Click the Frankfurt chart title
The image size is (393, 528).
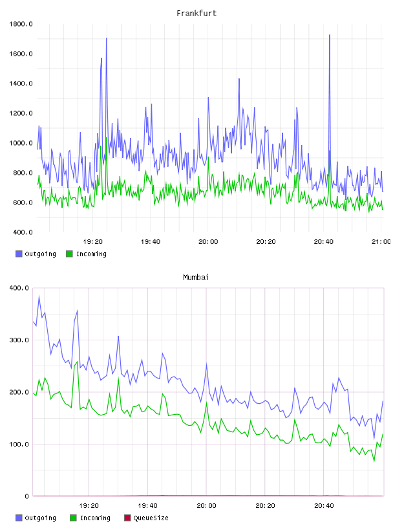point(197,13)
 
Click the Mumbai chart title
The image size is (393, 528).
point(196,277)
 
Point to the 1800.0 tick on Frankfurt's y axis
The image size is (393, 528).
point(21,24)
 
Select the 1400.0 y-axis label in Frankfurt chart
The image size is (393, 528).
point(21,83)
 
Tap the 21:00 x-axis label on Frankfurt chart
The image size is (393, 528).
point(381,241)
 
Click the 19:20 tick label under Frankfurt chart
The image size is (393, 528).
point(93,241)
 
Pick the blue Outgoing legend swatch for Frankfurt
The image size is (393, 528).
point(19,254)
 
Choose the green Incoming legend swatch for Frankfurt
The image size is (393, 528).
point(69,254)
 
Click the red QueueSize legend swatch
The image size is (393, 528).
point(127,518)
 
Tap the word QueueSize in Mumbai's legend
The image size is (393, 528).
point(151,518)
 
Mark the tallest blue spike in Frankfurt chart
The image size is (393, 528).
point(330,35)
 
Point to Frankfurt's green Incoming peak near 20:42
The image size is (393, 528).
point(330,151)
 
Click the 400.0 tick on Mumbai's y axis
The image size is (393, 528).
point(19,288)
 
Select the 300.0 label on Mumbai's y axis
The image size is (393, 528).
point(19,340)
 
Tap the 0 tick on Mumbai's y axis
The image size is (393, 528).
point(27,496)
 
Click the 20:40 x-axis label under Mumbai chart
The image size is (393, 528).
point(324,505)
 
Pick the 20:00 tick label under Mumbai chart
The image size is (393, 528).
point(207,505)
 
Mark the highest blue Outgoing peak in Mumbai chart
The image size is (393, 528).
point(39,296)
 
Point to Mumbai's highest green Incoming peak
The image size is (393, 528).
point(77,362)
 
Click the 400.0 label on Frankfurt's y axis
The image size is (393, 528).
point(21,232)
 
